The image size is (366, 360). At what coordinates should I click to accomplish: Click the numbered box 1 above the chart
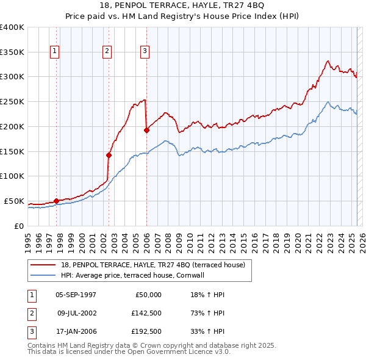tap(56, 51)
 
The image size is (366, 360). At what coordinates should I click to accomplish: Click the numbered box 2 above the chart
tap(107, 51)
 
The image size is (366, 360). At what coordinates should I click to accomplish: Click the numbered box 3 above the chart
tap(145, 51)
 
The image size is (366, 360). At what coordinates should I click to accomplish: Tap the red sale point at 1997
tap(56, 201)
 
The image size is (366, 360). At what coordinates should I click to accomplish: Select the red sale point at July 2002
tap(109, 155)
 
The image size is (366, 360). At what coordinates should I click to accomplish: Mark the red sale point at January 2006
tap(146, 130)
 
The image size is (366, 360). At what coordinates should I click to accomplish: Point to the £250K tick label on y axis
tap(12, 101)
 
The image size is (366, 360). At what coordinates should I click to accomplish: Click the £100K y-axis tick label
tap(12, 176)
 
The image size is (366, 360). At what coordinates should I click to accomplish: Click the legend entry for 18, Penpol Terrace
tap(152, 265)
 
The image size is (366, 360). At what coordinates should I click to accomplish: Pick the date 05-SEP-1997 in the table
tap(76, 295)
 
